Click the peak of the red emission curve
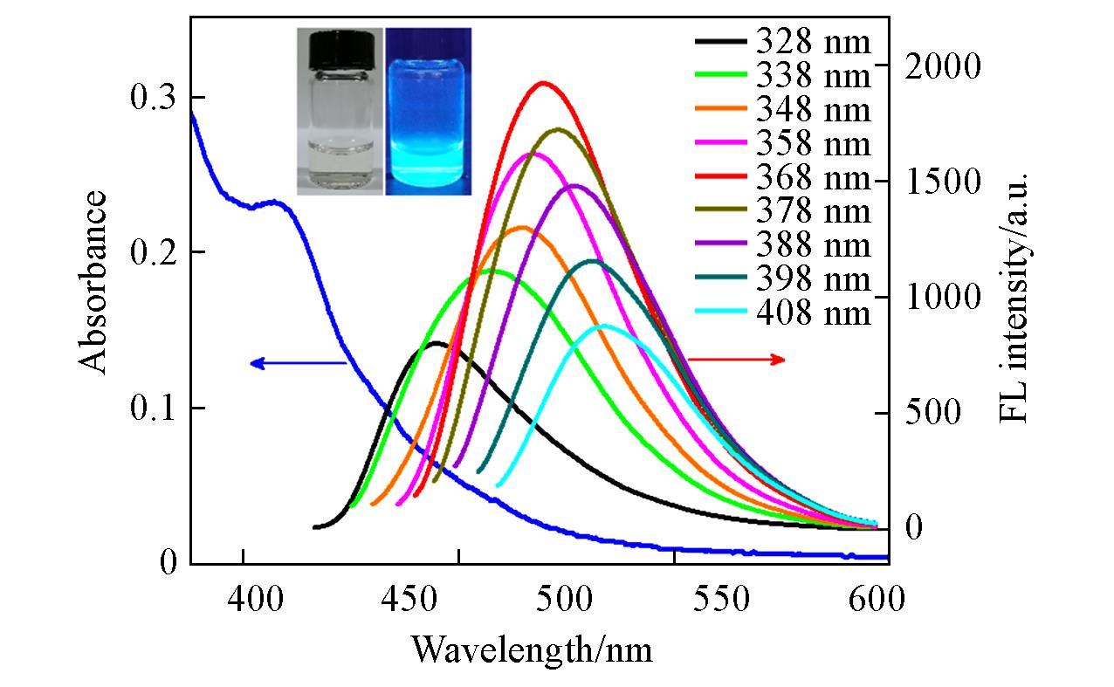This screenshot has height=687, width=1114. click(545, 83)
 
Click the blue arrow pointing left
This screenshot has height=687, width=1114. click(297, 362)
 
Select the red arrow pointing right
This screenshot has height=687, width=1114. click(738, 360)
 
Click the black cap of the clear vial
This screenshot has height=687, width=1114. click(340, 42)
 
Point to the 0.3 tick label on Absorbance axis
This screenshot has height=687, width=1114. click(154, 97)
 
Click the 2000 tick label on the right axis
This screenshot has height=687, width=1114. click(944, 66)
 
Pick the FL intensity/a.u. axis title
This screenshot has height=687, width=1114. click(1014, 297)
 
